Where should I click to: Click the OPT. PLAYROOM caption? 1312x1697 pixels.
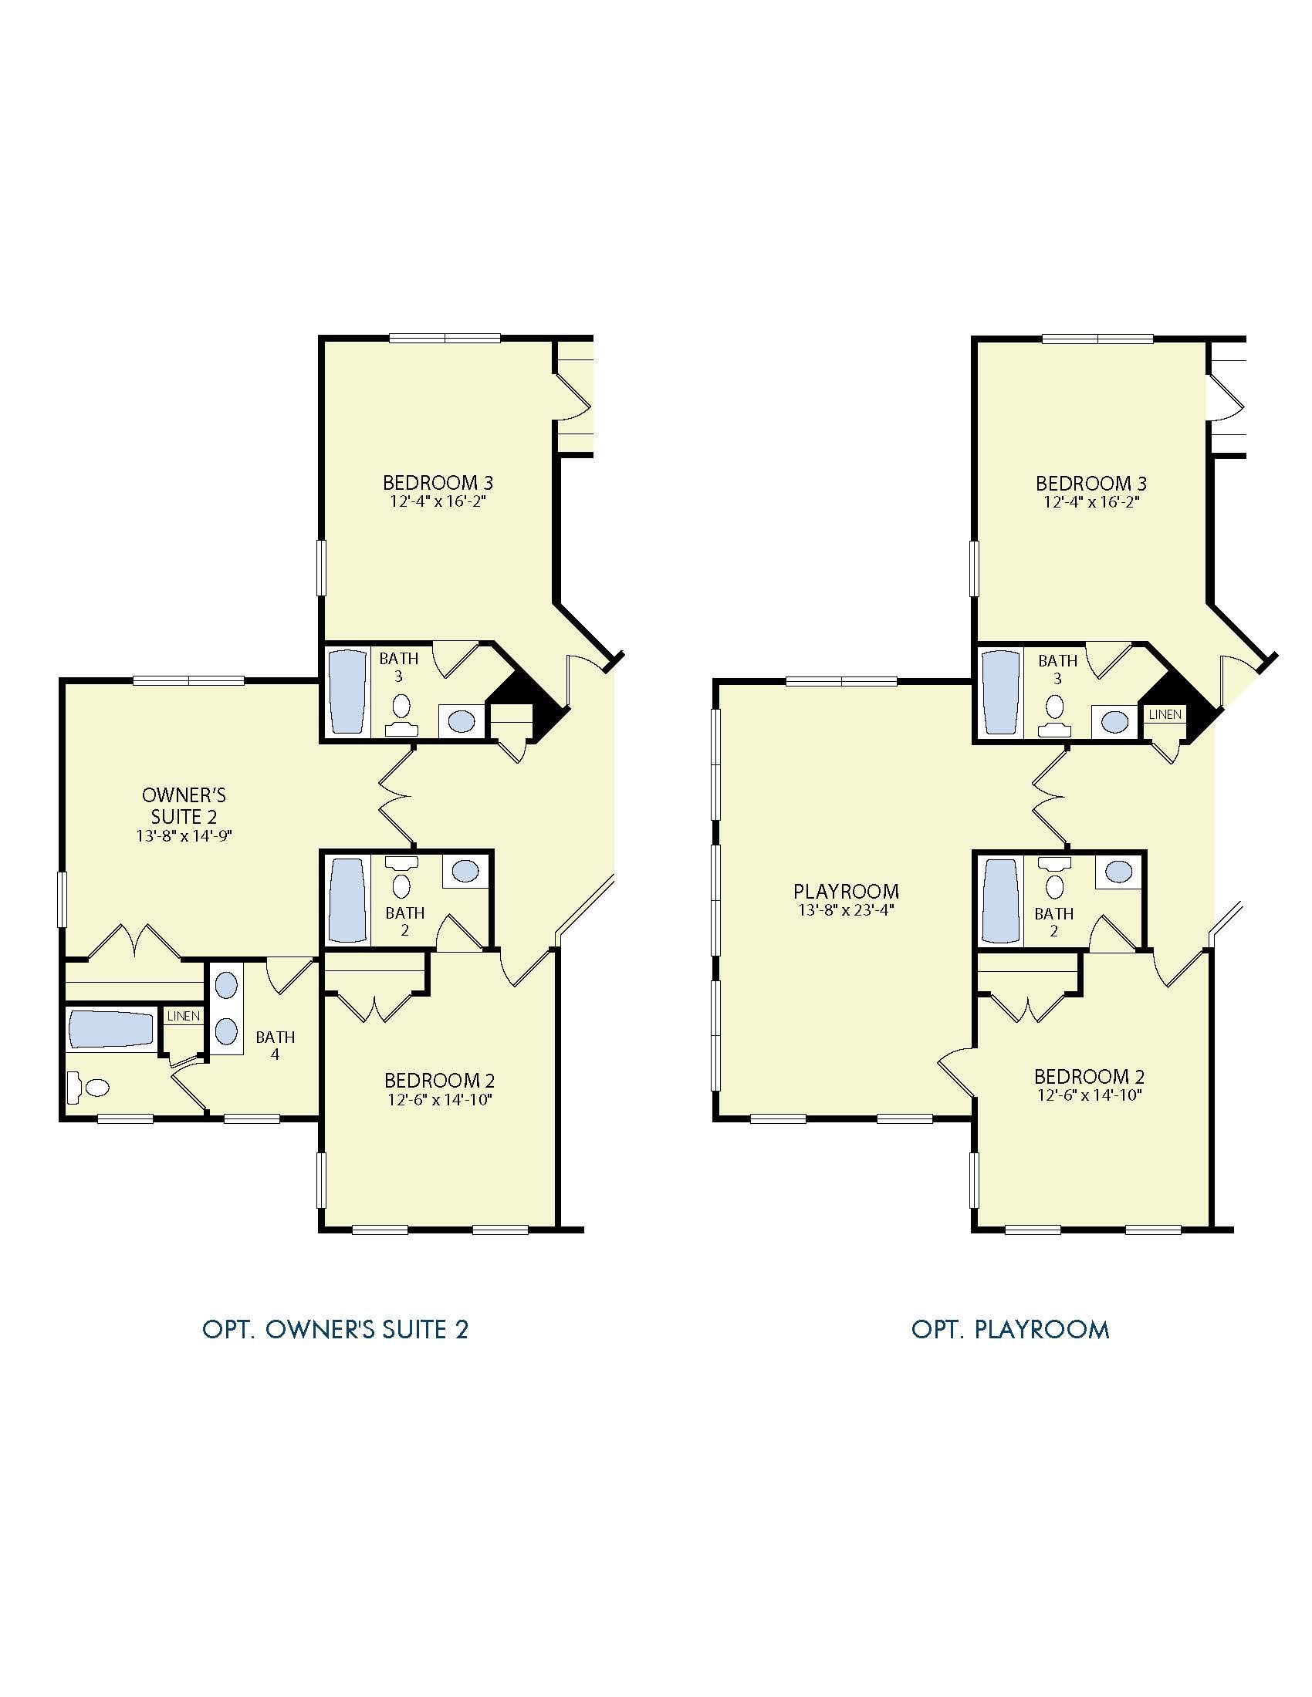1009,1330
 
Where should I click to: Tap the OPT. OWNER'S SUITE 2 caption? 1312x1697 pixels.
335,1330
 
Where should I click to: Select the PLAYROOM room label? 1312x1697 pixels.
846,891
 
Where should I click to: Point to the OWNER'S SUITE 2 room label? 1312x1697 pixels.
184,806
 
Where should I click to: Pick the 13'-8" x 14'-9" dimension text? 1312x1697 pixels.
184,836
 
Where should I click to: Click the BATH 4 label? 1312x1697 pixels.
276,1046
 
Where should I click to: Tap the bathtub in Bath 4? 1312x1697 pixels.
110,1029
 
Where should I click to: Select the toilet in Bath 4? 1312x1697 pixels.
87,1087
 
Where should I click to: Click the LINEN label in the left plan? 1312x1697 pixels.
184,1017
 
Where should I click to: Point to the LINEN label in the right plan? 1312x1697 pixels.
1165,714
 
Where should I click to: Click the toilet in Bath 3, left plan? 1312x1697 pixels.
401,714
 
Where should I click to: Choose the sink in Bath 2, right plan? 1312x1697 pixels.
1118,871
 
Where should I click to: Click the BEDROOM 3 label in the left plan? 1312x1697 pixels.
438,483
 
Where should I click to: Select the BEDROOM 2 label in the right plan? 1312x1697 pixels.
1089,1076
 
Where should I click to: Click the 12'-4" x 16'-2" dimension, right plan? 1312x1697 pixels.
1091,502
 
